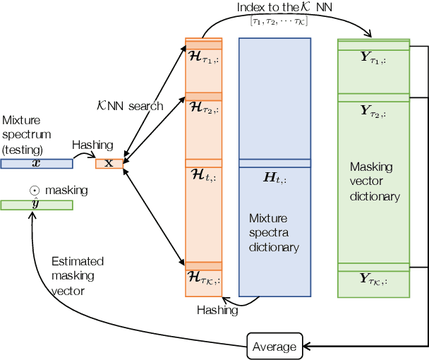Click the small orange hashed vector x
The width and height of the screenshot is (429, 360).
[109, 164]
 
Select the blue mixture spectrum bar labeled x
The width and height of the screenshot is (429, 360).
[36, 164]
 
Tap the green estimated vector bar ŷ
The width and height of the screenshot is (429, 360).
[36, 205]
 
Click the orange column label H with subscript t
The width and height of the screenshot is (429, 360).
[204, 176]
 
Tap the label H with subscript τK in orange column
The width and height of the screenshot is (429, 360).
[204, 278]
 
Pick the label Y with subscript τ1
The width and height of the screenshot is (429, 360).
[373, 60]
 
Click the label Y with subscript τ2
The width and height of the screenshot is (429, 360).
[373, 110]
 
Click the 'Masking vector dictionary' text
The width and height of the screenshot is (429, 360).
[375, 182]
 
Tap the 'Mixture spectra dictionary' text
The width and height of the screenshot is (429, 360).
[274, 232]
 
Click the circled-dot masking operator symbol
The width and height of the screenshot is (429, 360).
[33, 191]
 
